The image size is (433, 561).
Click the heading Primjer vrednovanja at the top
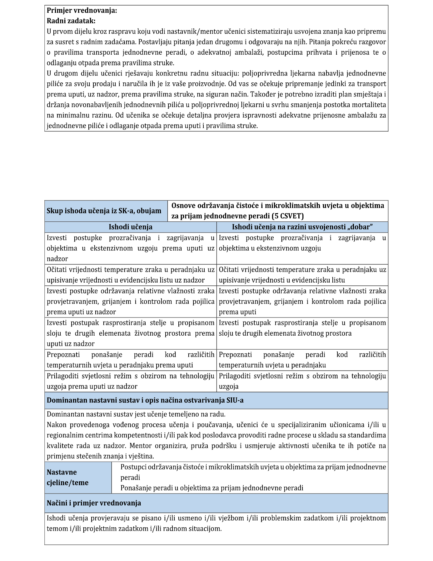(x=82, y=10)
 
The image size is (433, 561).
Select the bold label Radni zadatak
(x=71, y=21)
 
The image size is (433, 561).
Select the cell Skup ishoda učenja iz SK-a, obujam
(x=104, y=211)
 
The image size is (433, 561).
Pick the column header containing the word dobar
(x=302, y=227)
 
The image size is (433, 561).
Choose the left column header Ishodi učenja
(x=130, y=227)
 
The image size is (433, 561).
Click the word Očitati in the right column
(x=229, y=270)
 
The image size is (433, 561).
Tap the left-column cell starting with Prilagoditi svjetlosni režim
(x=130, y=381)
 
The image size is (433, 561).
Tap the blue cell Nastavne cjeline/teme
(x=67, y=477)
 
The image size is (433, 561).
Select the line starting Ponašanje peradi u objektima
(x=212, y=488)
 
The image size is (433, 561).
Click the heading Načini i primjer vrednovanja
(x=94, y=503)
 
